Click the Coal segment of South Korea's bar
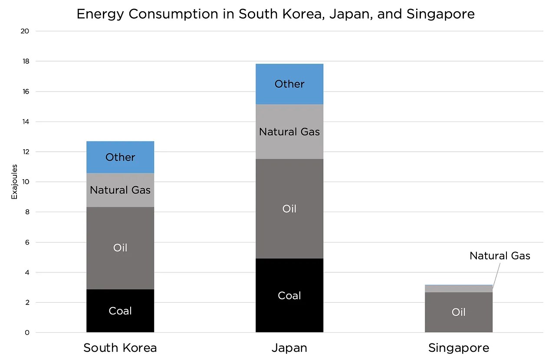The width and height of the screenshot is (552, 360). tap(120, 311)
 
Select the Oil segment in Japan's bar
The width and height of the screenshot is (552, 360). tap(289, 209)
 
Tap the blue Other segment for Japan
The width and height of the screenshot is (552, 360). tap(289, 84)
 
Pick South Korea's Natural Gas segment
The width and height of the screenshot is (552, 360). tap(120, 190)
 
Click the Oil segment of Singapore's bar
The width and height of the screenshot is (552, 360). tap(459, 312)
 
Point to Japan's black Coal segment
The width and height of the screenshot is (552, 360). tap(289, 295)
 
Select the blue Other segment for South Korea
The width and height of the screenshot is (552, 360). tap(120, 157)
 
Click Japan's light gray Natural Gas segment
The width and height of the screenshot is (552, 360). tap(289, 131)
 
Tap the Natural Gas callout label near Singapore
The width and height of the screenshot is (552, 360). tap(499, 256)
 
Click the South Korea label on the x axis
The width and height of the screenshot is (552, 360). tap(120, 348)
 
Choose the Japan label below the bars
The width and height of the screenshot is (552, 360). tap(289, 348)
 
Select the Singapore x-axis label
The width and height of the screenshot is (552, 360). tap(459, 348)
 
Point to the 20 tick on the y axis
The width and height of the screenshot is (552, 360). tap(25, 31)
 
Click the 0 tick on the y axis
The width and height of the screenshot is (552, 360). tap(27, 333)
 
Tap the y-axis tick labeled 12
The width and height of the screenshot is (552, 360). tap(25, 152)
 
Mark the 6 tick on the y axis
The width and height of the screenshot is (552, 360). tap(27, 242)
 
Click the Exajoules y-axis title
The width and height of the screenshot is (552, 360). tap(14, 182)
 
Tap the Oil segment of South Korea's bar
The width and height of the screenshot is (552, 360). tap(120, 248)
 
